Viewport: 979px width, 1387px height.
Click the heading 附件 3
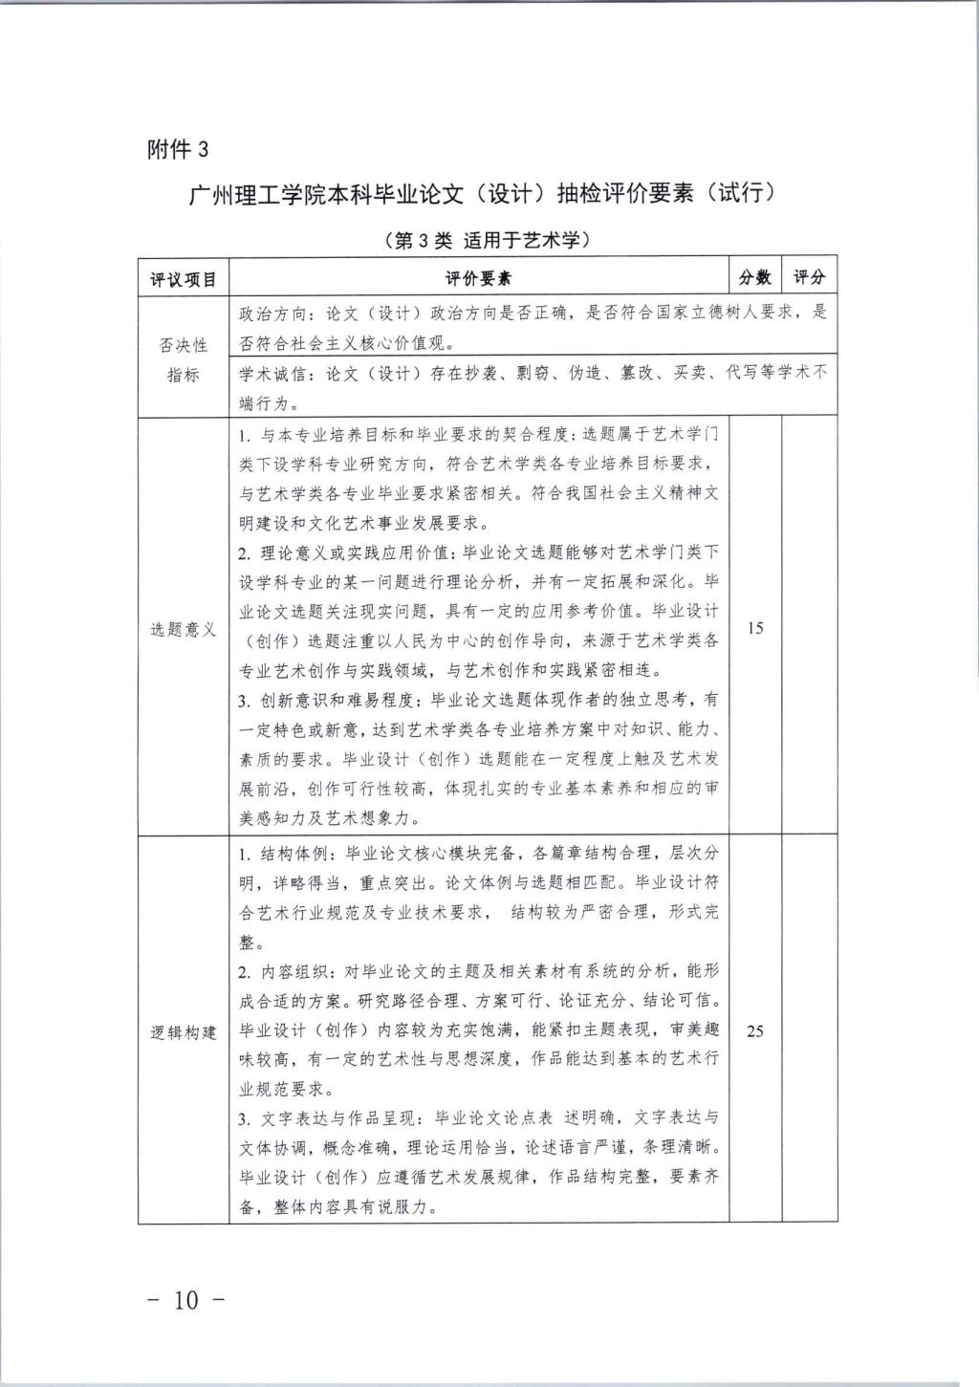[178, 149]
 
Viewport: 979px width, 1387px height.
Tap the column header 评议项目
[184, 278]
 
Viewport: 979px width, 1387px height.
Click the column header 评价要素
[478, 278]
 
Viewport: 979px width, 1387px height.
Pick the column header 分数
[755, 277]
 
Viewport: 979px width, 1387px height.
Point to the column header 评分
[809, 277]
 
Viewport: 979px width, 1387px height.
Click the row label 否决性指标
[184, 359]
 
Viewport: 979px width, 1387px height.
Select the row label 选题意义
[184, 629]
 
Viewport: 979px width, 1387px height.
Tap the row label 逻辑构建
[184, 1032]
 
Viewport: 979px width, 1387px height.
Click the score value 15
[755, 628]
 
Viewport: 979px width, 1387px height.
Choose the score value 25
[755, 1031]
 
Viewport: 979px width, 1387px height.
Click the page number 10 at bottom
[188, 1300]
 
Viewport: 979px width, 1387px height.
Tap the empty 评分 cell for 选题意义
[809, 628]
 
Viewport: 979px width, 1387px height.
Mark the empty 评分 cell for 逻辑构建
[809, 1031]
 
